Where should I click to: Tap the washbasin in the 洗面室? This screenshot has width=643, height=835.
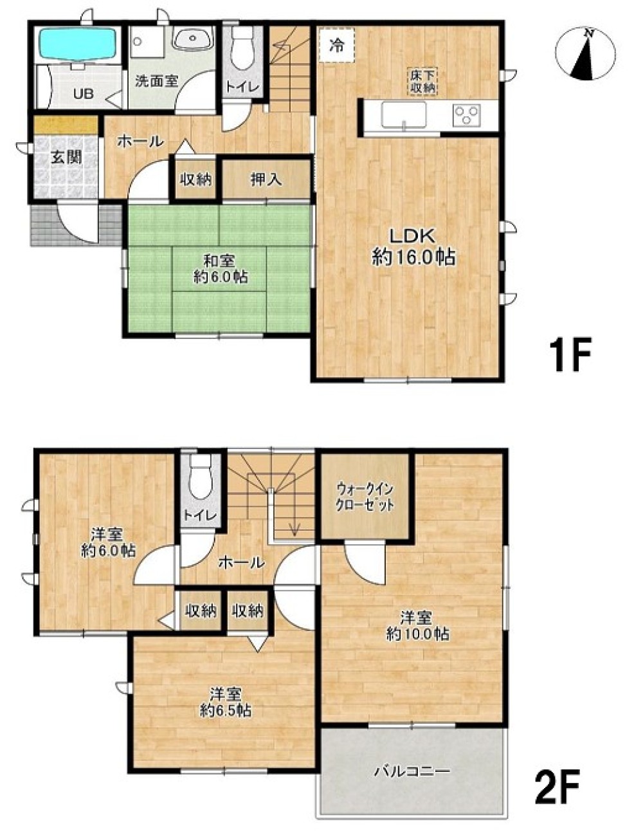coord(192,40)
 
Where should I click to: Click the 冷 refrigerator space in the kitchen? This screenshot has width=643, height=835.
coord(337,46)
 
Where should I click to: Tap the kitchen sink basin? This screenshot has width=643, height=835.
coord(403,115)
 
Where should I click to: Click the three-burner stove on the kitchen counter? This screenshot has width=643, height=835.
coord(466,115)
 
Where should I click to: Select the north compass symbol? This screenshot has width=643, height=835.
coord(585,54)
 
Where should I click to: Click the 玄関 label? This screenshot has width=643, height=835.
coord(67,158)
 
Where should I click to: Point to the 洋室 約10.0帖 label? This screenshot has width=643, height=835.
coord(417,627)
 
